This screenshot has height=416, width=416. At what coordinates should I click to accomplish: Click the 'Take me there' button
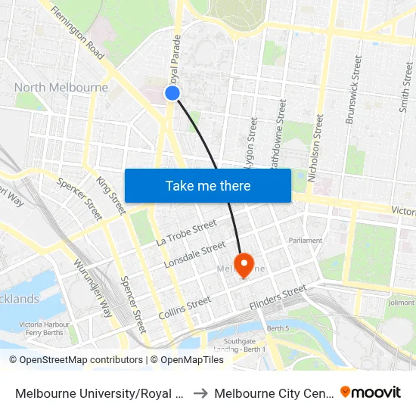point(208,185)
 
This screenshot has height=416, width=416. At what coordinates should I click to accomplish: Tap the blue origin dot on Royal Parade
point(172,93)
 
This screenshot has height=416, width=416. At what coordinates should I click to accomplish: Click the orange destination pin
point(244,265)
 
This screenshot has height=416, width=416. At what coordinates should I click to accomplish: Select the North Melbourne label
point(61,87)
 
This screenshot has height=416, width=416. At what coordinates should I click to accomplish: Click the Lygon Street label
point(251,142)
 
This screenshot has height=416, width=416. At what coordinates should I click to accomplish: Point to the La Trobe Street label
point(186,233)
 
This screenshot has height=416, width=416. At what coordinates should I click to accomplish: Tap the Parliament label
point(305,241)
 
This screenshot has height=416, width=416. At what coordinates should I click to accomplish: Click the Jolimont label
point(401,303)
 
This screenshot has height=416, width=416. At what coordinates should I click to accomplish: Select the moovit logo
point(370,392)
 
